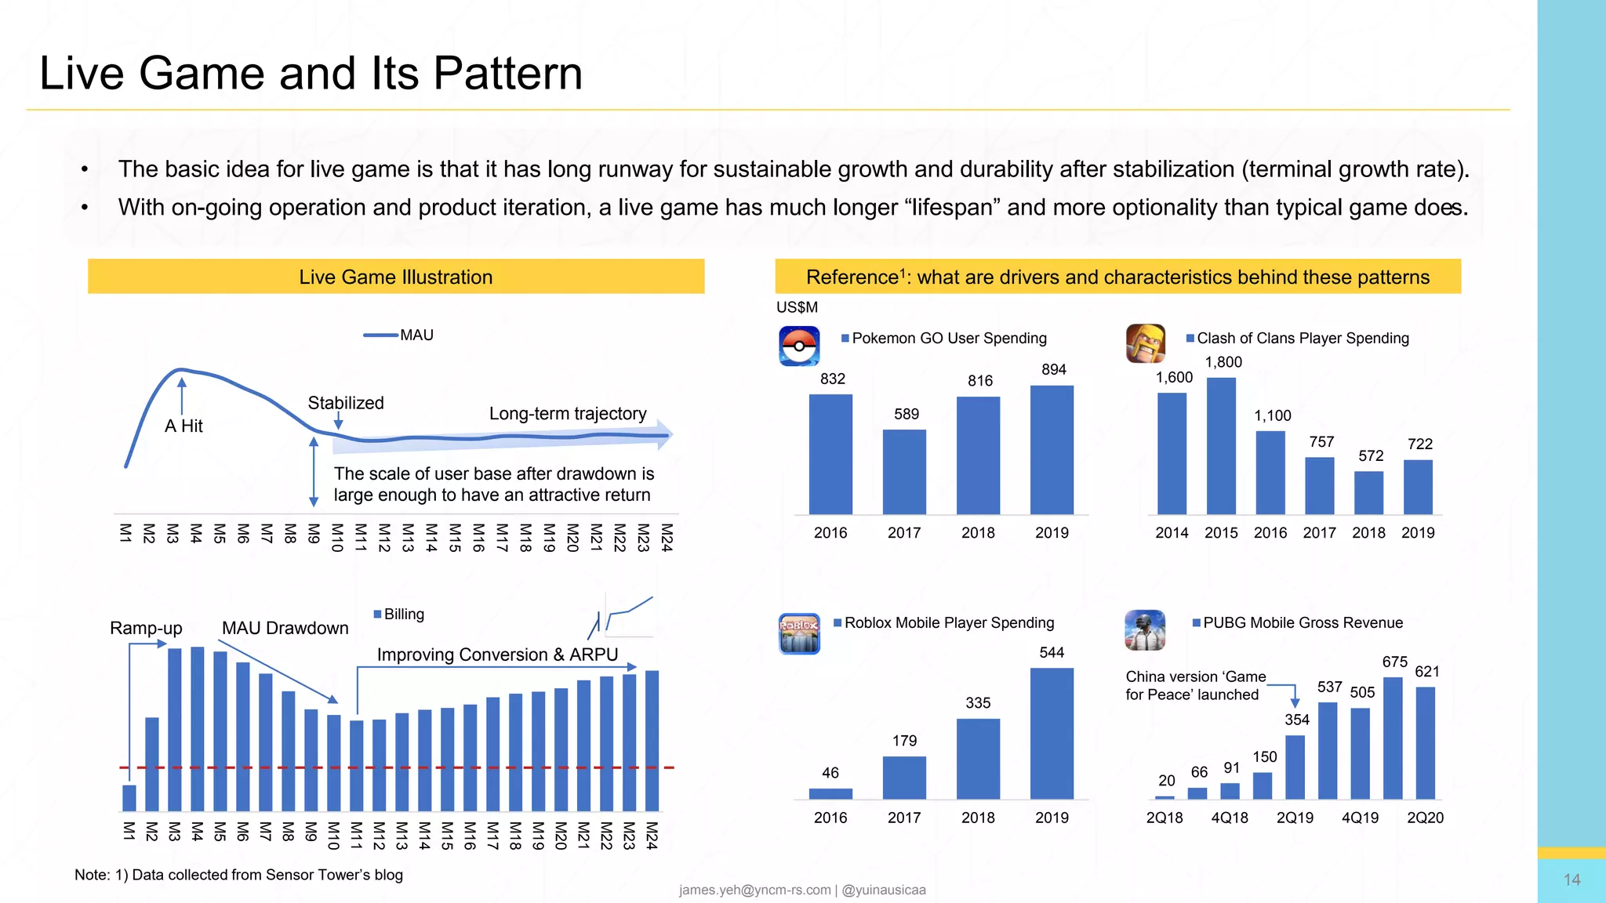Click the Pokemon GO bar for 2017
click(x=904, y=472)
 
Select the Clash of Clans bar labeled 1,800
click(x=1221, y=446)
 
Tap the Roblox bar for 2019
click(x=1052, y=734)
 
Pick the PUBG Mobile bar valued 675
click(x=1393, y=738)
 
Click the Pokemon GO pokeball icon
click(x=799, y=346)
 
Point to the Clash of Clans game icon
click(x=1146, y=343)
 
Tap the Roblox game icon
click(x=799, y=633)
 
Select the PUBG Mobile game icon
click(x=1145, y=630)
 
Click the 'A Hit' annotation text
click(x=183, y=426)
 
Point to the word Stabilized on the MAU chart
click(x=346, y=403)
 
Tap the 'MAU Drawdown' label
click(x=285, y=629)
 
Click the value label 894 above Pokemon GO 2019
click(x=1053, y=369)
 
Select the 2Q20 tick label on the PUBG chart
click(x=1425, y=818)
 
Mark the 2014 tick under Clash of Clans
click(x=1172, y=533)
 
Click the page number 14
click(x=1571, y=879)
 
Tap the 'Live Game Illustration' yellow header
click(x=396, y=277)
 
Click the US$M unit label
click(x=797, y=307)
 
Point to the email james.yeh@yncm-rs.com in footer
click(x=754, y=890)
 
